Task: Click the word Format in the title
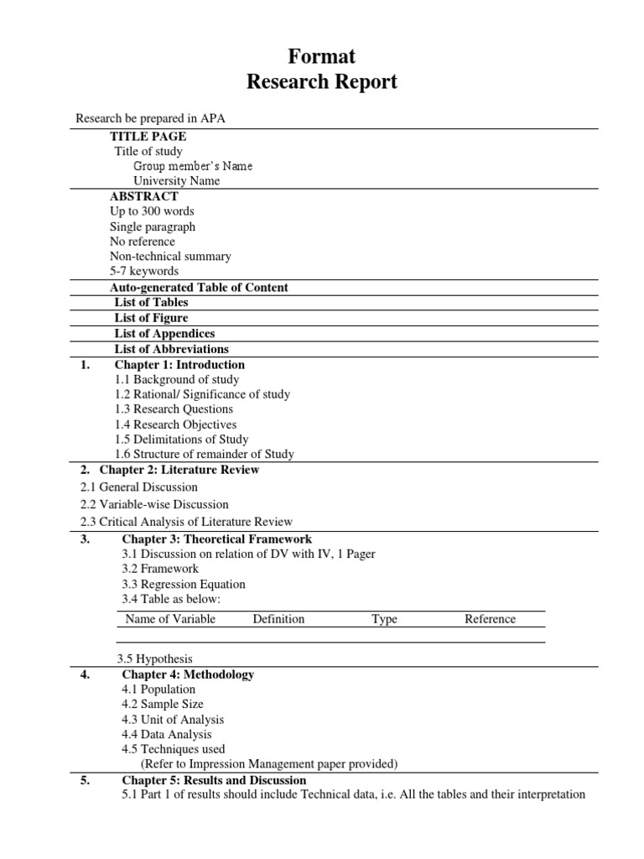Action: click(322, 56)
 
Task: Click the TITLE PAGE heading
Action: click(148, 136)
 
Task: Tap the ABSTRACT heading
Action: click(143, 196)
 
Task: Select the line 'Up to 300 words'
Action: click(152, 211)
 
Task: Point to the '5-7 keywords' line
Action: click(144, 272)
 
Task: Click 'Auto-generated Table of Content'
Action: click(199, 287)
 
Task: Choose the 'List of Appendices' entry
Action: click(164, 333)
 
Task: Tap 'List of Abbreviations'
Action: click(171, 349)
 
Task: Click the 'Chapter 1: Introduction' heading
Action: click(179, 365)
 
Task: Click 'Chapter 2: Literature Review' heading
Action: click(179, 470)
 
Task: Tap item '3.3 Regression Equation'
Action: click(184, 584)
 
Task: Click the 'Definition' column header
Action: click(278, 619)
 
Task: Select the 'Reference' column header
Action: click(490, 619)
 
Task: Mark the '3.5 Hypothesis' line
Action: click(155, 659)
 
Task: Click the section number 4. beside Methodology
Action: click(86, 674)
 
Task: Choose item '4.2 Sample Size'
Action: click(163, 705)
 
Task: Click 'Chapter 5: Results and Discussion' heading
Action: click(214, 780)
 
